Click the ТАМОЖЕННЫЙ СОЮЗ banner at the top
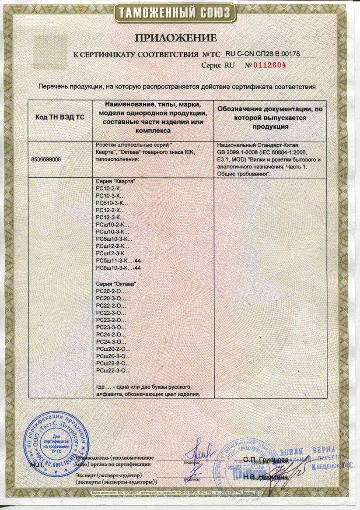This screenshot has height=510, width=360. tap(179, 13)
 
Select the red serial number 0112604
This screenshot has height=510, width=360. tap(268, 65)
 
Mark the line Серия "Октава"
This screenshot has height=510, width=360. tap(115, 284)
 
